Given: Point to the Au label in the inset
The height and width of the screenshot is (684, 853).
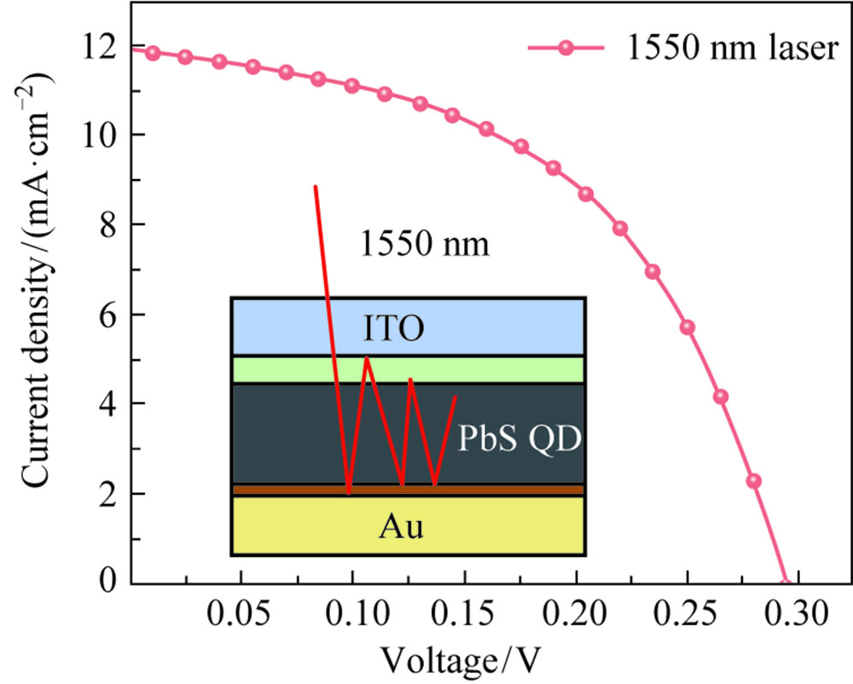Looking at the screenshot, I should coord(402,527).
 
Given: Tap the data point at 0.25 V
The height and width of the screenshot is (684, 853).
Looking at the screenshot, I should coord(688,328).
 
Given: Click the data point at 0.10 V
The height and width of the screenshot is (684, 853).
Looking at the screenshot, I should coord(352,85).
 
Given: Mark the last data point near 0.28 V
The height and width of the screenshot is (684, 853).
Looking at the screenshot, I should coord(754,481).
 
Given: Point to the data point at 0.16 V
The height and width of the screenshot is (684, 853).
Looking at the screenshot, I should coord(486,129).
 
